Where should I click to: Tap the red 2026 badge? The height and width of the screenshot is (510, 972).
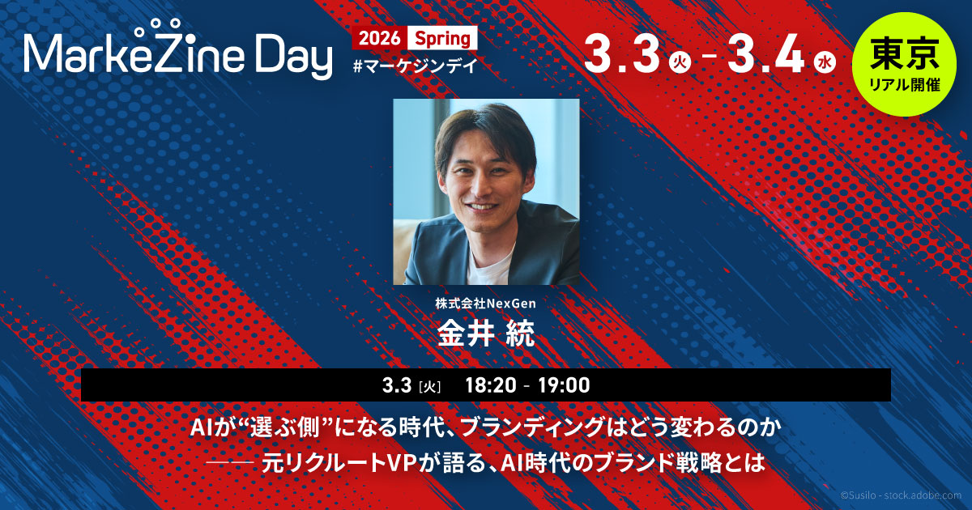380,38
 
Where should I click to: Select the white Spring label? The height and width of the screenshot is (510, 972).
442,38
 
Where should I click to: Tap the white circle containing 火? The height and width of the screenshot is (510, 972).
680,63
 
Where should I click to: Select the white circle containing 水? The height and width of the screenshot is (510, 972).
825,63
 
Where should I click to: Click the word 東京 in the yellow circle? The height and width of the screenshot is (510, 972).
904,53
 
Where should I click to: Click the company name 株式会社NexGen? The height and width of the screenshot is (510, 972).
485,304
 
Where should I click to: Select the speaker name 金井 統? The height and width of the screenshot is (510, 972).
486,334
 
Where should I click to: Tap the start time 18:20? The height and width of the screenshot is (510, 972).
491,385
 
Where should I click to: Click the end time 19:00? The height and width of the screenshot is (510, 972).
564,385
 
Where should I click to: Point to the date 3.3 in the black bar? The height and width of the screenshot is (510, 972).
397,385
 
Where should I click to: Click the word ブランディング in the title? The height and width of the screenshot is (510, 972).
531,428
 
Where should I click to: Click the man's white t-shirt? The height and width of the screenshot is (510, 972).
489,266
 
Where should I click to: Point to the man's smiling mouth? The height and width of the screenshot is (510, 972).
483,206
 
